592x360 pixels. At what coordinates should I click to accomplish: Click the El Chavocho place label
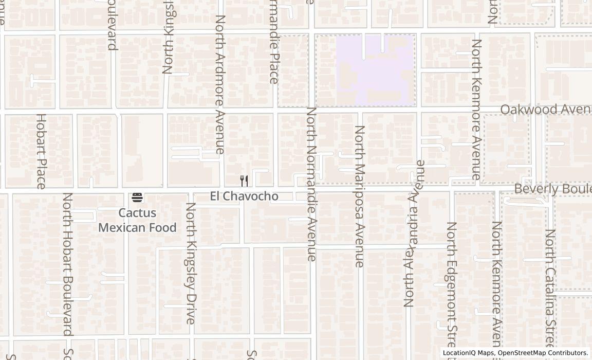[244, 196]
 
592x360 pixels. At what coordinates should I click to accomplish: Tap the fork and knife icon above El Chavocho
[244, 181]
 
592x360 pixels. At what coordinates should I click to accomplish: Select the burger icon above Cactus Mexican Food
[137, 197]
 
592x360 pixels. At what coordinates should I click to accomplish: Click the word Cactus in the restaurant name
[137, 213]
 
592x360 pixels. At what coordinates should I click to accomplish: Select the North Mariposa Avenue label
[360, 196]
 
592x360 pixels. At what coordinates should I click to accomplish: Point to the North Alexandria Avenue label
[415, 233]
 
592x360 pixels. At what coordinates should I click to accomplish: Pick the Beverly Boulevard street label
[552, 189]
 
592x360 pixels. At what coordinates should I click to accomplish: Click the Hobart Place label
[41, 151]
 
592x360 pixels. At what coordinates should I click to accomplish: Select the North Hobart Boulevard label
[67, 264]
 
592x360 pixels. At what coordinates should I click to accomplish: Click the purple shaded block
[375, 69]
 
